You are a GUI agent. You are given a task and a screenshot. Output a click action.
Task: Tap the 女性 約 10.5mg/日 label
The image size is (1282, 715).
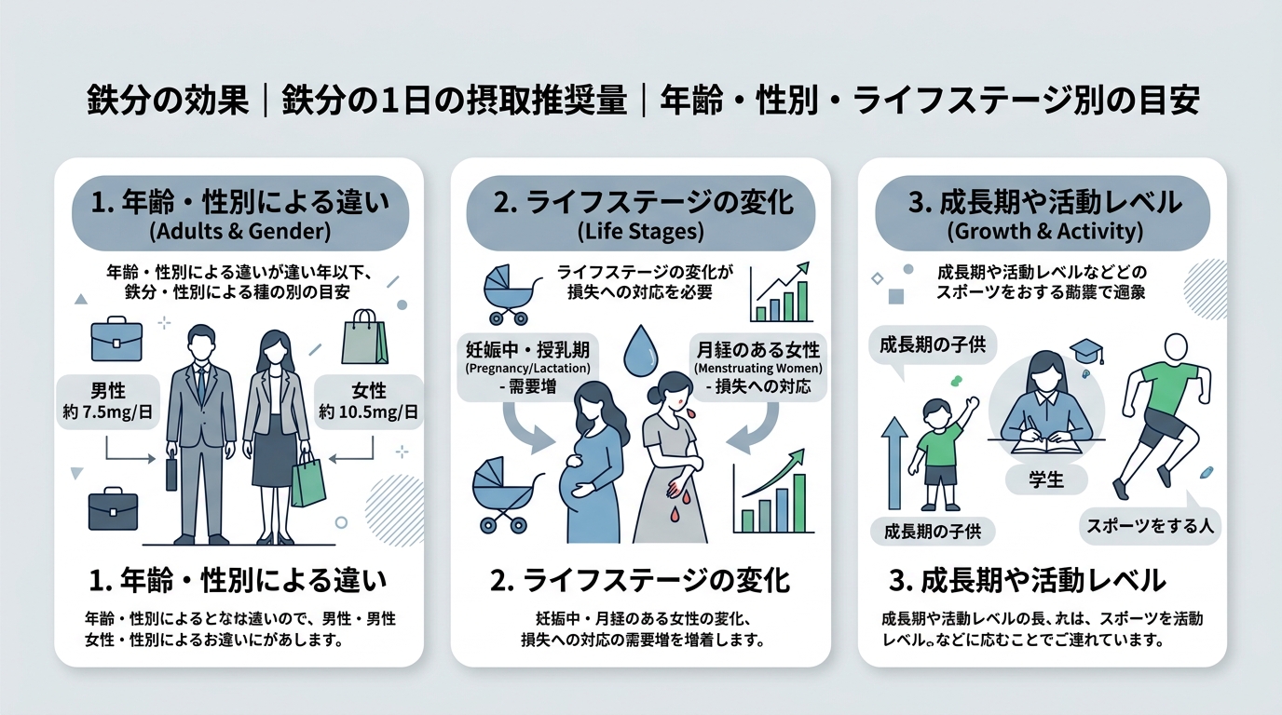click(x=369, y=401)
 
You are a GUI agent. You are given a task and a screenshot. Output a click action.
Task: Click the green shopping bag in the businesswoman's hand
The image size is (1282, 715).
click(x=308, y=480)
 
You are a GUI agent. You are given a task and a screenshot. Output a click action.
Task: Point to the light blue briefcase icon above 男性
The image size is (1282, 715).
click(x=116, y=341)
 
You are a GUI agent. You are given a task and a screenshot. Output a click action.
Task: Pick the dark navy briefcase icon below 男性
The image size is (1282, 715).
click(x=113, y=511)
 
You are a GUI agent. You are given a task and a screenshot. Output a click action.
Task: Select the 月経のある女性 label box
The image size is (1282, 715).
click(x=757, y=368)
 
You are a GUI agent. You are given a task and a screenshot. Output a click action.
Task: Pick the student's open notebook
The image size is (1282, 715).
click(x=1046, y=445)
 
